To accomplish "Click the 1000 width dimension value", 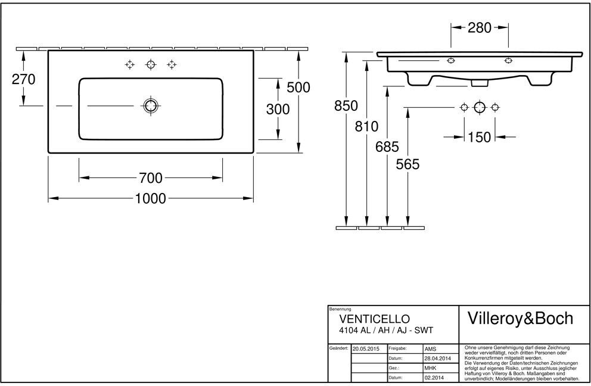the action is (x=150, y=198).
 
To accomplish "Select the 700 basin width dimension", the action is (x=151, y=178).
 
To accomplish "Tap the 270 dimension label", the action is (x=23, y=79).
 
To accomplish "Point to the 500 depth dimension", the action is (x=298, y=87).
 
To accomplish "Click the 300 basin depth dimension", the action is (x=278, y=109).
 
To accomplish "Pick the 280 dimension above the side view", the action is (x=480, y=27).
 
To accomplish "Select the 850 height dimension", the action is (x=346, y=106).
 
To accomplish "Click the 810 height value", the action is (x=366, y=126).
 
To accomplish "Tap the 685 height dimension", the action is (x=387, y=147).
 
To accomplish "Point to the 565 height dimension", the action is (x=408, y=164).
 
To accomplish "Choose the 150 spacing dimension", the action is (x=480, y=137).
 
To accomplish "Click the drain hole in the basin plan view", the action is (x=151, y=106).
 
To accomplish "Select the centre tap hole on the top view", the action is (x=151, y=65).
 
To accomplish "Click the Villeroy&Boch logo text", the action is (x=520, y=319).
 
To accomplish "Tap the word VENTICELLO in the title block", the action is (x=374, y=319).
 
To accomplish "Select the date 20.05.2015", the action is (x=366, y=349).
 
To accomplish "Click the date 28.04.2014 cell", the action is (x=438, y=359).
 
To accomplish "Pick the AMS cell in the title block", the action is (x=430, y=349).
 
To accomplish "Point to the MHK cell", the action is (x=430, y=368).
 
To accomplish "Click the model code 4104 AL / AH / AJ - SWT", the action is (x=386, y=331).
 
